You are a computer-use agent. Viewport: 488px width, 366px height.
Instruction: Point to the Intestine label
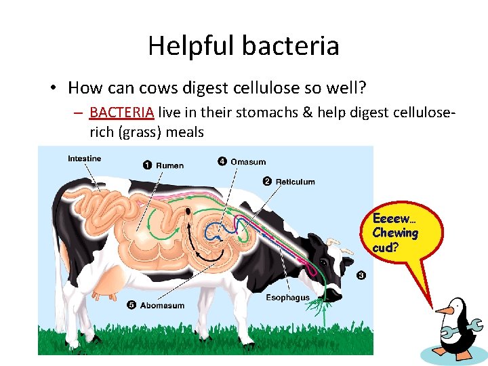[84, 159]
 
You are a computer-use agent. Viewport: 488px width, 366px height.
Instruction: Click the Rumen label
[169, 165]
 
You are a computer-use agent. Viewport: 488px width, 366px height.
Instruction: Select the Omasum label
[248, 162]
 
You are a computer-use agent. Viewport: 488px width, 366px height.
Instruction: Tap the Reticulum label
[295, 182]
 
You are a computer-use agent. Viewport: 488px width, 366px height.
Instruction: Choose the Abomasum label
[162, 306]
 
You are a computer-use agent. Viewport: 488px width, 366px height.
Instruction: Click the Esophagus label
[287, 298]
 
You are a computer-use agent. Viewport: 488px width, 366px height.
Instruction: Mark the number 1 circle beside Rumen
[147, 165]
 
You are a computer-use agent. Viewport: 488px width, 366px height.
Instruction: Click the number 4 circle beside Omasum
[222, 161]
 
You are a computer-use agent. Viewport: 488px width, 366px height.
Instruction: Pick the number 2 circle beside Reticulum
[267, 181]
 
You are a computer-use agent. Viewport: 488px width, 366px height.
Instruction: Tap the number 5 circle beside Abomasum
[131, 305]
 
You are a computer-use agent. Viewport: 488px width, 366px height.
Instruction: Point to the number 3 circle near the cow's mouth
[361, 275]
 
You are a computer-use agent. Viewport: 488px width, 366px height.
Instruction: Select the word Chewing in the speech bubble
[395, 233]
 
